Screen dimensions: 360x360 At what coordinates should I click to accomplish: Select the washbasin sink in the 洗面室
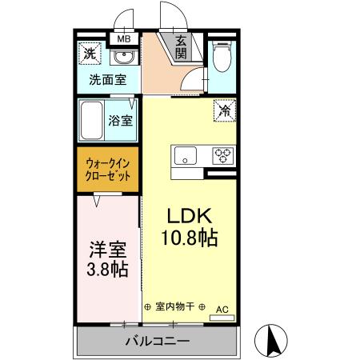122,58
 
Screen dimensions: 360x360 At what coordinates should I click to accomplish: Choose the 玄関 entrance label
182,47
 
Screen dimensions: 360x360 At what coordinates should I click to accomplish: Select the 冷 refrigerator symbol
225,111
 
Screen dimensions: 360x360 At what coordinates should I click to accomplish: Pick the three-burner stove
222,155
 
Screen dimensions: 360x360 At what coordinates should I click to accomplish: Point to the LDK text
189,217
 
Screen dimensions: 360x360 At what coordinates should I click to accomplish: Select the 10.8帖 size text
189,238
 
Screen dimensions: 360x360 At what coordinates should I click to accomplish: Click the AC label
222,307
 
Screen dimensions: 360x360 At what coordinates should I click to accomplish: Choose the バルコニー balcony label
157,342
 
